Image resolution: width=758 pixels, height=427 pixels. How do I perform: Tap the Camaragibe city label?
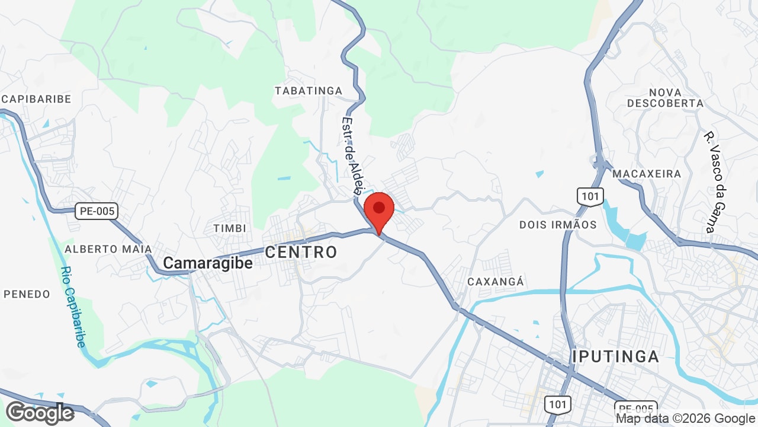[x=208, y=263]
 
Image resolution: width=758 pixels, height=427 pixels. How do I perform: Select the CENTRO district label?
[x=301, y=252]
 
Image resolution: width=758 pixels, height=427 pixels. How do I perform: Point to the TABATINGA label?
[x=309, y=91]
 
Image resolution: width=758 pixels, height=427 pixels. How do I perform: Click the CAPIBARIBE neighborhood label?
[x=36, y=99]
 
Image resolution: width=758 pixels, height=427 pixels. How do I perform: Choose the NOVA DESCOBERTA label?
[x=665, y=98]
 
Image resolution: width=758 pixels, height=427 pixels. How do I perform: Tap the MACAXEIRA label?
[x=647, y=174]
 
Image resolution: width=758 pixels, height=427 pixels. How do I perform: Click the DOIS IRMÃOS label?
[x=558, y=225]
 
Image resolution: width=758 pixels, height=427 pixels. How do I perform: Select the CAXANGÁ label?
[x=496, y=282]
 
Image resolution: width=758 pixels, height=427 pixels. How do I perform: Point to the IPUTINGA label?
[x=616, y=356]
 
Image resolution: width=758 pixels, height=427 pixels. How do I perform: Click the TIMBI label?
[x=230, y=228]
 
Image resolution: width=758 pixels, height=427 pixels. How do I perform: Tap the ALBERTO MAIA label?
[x=108, y=249]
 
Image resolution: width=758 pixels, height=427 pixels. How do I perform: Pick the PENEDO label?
[x=27, y=294]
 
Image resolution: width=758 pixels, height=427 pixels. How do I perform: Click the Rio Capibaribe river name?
[x=73, y=307]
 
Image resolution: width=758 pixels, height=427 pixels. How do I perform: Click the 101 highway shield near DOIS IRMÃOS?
[x=590, y=196]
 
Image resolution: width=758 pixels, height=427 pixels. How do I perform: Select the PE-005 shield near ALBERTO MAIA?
[x=97, y=211]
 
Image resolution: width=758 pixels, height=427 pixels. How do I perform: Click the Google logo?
[x=40, y=413]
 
